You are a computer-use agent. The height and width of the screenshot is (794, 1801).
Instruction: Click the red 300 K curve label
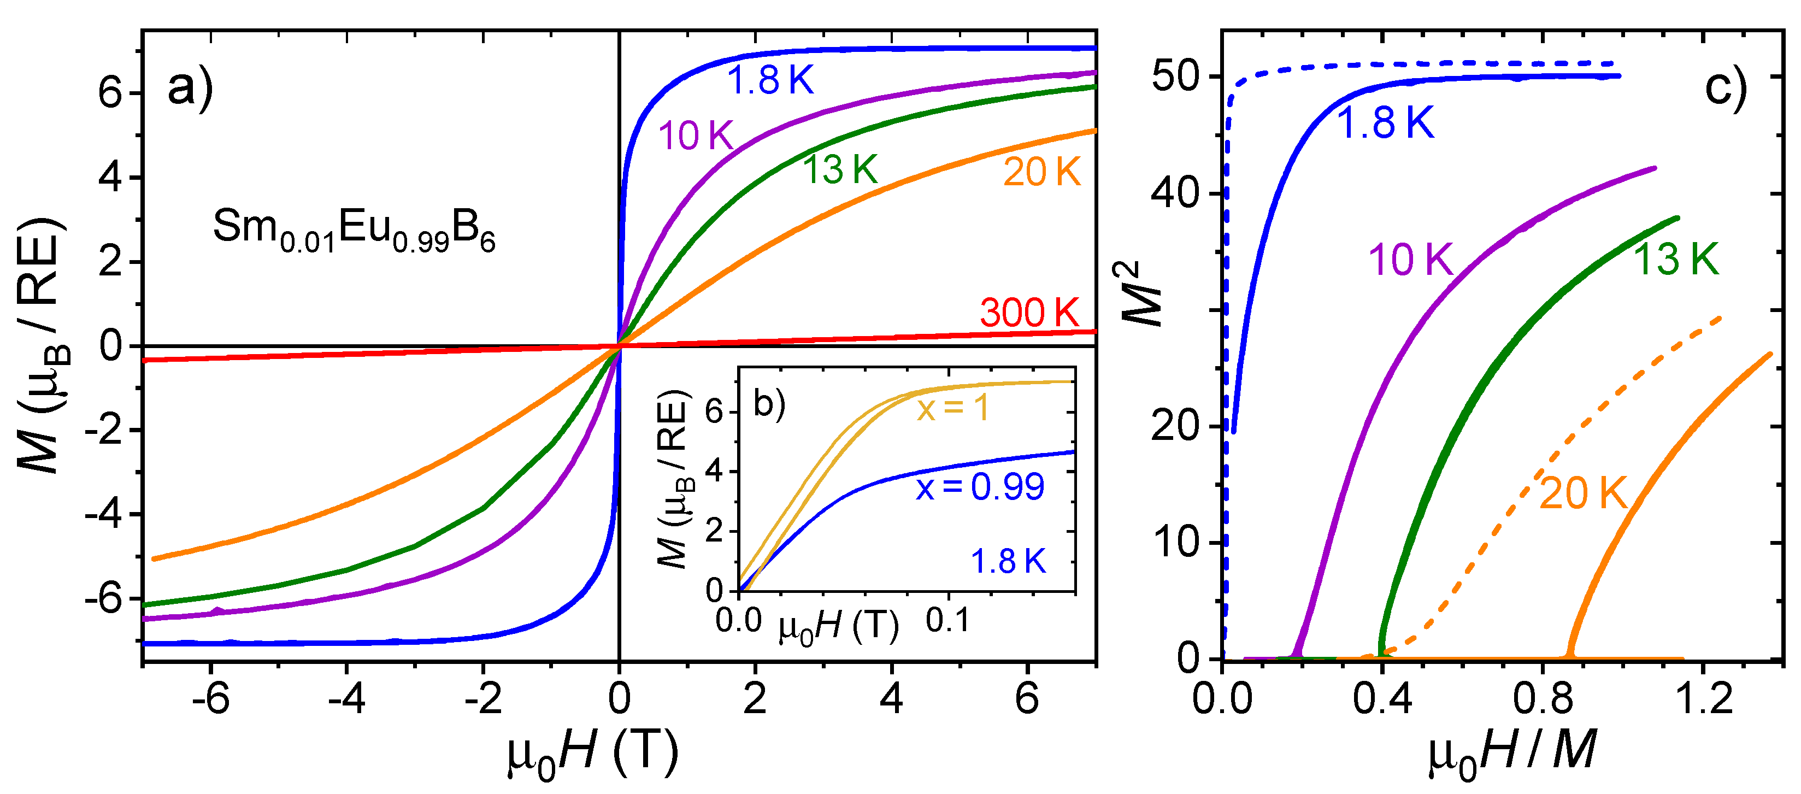[1029, 313]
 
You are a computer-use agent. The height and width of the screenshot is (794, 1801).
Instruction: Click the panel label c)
[1726, 89]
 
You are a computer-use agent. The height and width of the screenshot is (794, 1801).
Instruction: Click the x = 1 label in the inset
[953, 408]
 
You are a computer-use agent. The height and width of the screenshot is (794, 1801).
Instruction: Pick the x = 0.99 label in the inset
[980, 486]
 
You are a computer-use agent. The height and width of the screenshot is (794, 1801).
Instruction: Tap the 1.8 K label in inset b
[1008, 561]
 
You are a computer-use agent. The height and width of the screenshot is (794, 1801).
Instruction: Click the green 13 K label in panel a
[840, 170]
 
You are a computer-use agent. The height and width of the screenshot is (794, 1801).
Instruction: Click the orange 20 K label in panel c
[1584, 493]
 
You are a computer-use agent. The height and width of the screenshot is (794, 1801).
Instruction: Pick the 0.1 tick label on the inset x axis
[947, 621]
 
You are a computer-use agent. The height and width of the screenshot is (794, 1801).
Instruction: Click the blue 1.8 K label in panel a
[770, 81]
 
